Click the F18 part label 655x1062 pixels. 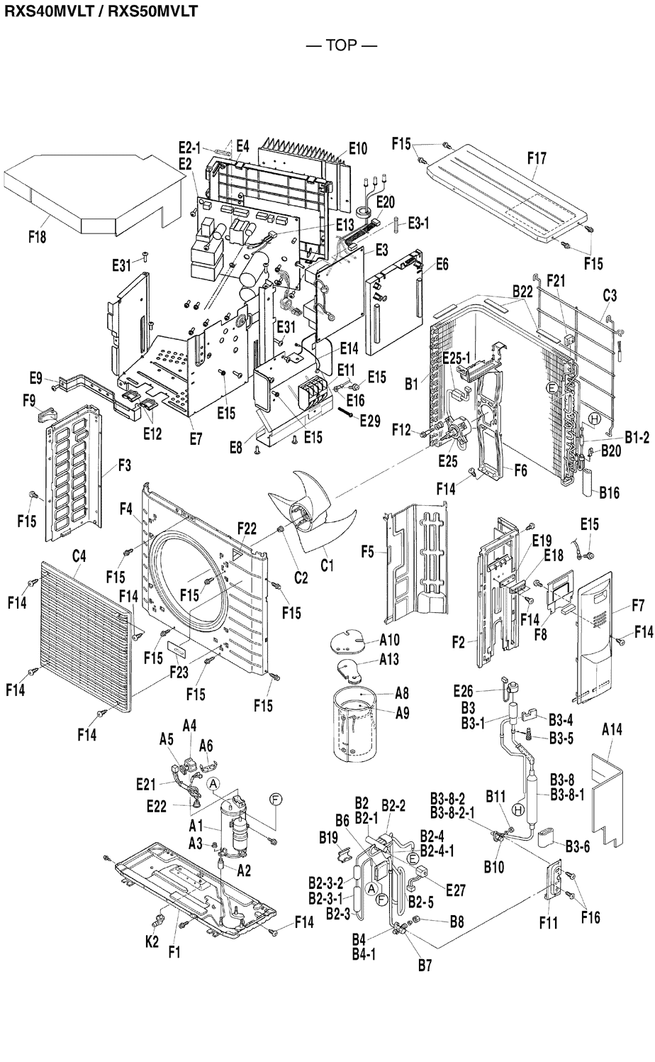[x=37, y=237]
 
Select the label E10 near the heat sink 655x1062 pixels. [x=358, y=148]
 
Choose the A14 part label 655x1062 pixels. [x=612, y=729]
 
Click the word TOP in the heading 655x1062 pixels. [x=342, y=46]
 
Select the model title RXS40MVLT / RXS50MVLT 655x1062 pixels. [x=100, y=11]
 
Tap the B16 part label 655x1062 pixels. [x=609, y=492]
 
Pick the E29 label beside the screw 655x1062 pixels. [x=370, y=421]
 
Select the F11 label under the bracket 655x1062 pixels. [x=548, y=923]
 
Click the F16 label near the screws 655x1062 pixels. [x=590, y=917]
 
